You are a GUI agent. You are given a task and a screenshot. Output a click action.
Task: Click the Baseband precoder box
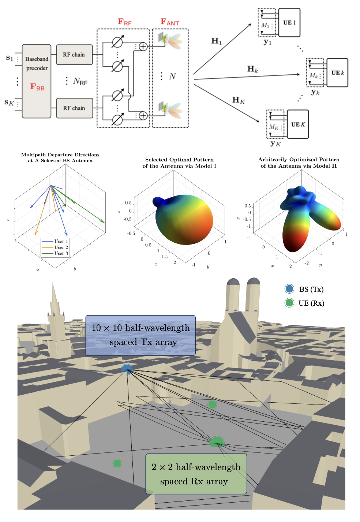(36, 81)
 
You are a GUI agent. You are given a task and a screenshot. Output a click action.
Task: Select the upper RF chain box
(74, 55)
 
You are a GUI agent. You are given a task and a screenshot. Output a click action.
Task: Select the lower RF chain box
(74, 108)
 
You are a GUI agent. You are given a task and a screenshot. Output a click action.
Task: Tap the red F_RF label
(124, 22)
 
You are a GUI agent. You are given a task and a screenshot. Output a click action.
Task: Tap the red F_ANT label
(170, 22)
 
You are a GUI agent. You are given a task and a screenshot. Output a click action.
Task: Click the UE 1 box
(289, 23)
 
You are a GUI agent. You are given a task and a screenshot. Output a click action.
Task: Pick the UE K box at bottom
(298, 124)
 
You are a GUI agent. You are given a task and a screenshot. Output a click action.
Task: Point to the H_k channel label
(252, 69)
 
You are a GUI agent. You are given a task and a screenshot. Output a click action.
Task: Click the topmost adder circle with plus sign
(143, 47)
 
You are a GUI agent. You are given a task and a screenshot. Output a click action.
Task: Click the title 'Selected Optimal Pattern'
(179, 160)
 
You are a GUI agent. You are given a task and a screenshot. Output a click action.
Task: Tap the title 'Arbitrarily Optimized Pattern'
(299, 160)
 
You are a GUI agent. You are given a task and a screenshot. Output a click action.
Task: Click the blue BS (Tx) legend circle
(289, 289)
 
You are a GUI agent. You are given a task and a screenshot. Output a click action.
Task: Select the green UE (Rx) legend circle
(289, 303)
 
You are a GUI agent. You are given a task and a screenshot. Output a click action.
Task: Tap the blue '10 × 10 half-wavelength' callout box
(140, 335)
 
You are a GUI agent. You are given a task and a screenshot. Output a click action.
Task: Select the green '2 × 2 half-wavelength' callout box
(196, 474)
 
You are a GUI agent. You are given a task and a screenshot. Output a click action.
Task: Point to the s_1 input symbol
(10, 58)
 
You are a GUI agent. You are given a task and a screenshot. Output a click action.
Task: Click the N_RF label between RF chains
(80, 81)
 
